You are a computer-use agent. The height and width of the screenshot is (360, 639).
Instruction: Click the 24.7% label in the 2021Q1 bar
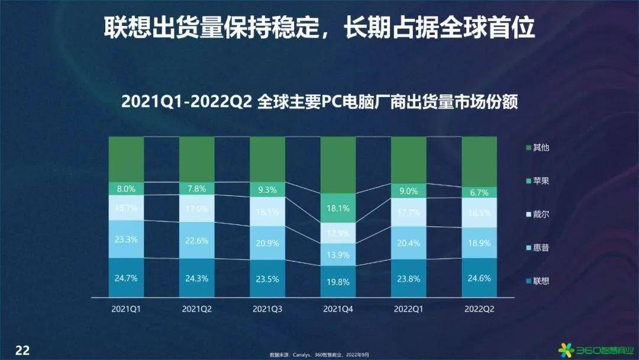tap(126, 277)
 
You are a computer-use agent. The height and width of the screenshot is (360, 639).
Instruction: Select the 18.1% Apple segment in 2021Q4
tap(338, 208)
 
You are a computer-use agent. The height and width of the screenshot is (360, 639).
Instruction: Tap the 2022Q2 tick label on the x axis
tap(479, 308)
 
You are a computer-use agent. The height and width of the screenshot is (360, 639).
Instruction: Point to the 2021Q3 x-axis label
tap(267, 308)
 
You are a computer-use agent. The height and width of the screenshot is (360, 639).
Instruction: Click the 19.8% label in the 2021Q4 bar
tap(338, 282)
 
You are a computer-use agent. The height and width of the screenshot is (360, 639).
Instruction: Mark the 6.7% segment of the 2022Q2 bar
tap(479, 192)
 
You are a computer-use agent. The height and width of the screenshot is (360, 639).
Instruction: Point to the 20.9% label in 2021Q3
tap(267, 243)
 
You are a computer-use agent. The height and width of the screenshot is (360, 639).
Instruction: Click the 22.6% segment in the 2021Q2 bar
tap(196, 240)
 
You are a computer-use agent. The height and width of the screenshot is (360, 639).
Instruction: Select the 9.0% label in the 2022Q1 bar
tap(409, 191)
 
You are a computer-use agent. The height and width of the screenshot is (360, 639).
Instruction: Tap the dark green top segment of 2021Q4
tap(338, 165)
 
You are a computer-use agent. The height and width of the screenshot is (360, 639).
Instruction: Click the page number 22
tap(22, 349)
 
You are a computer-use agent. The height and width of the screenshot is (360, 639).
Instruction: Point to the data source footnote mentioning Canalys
tap(319, 355)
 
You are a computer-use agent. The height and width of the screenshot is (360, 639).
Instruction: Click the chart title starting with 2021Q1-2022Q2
tap(319, 102)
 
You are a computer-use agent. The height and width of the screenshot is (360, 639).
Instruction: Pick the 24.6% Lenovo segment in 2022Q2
tap(479, 278)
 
